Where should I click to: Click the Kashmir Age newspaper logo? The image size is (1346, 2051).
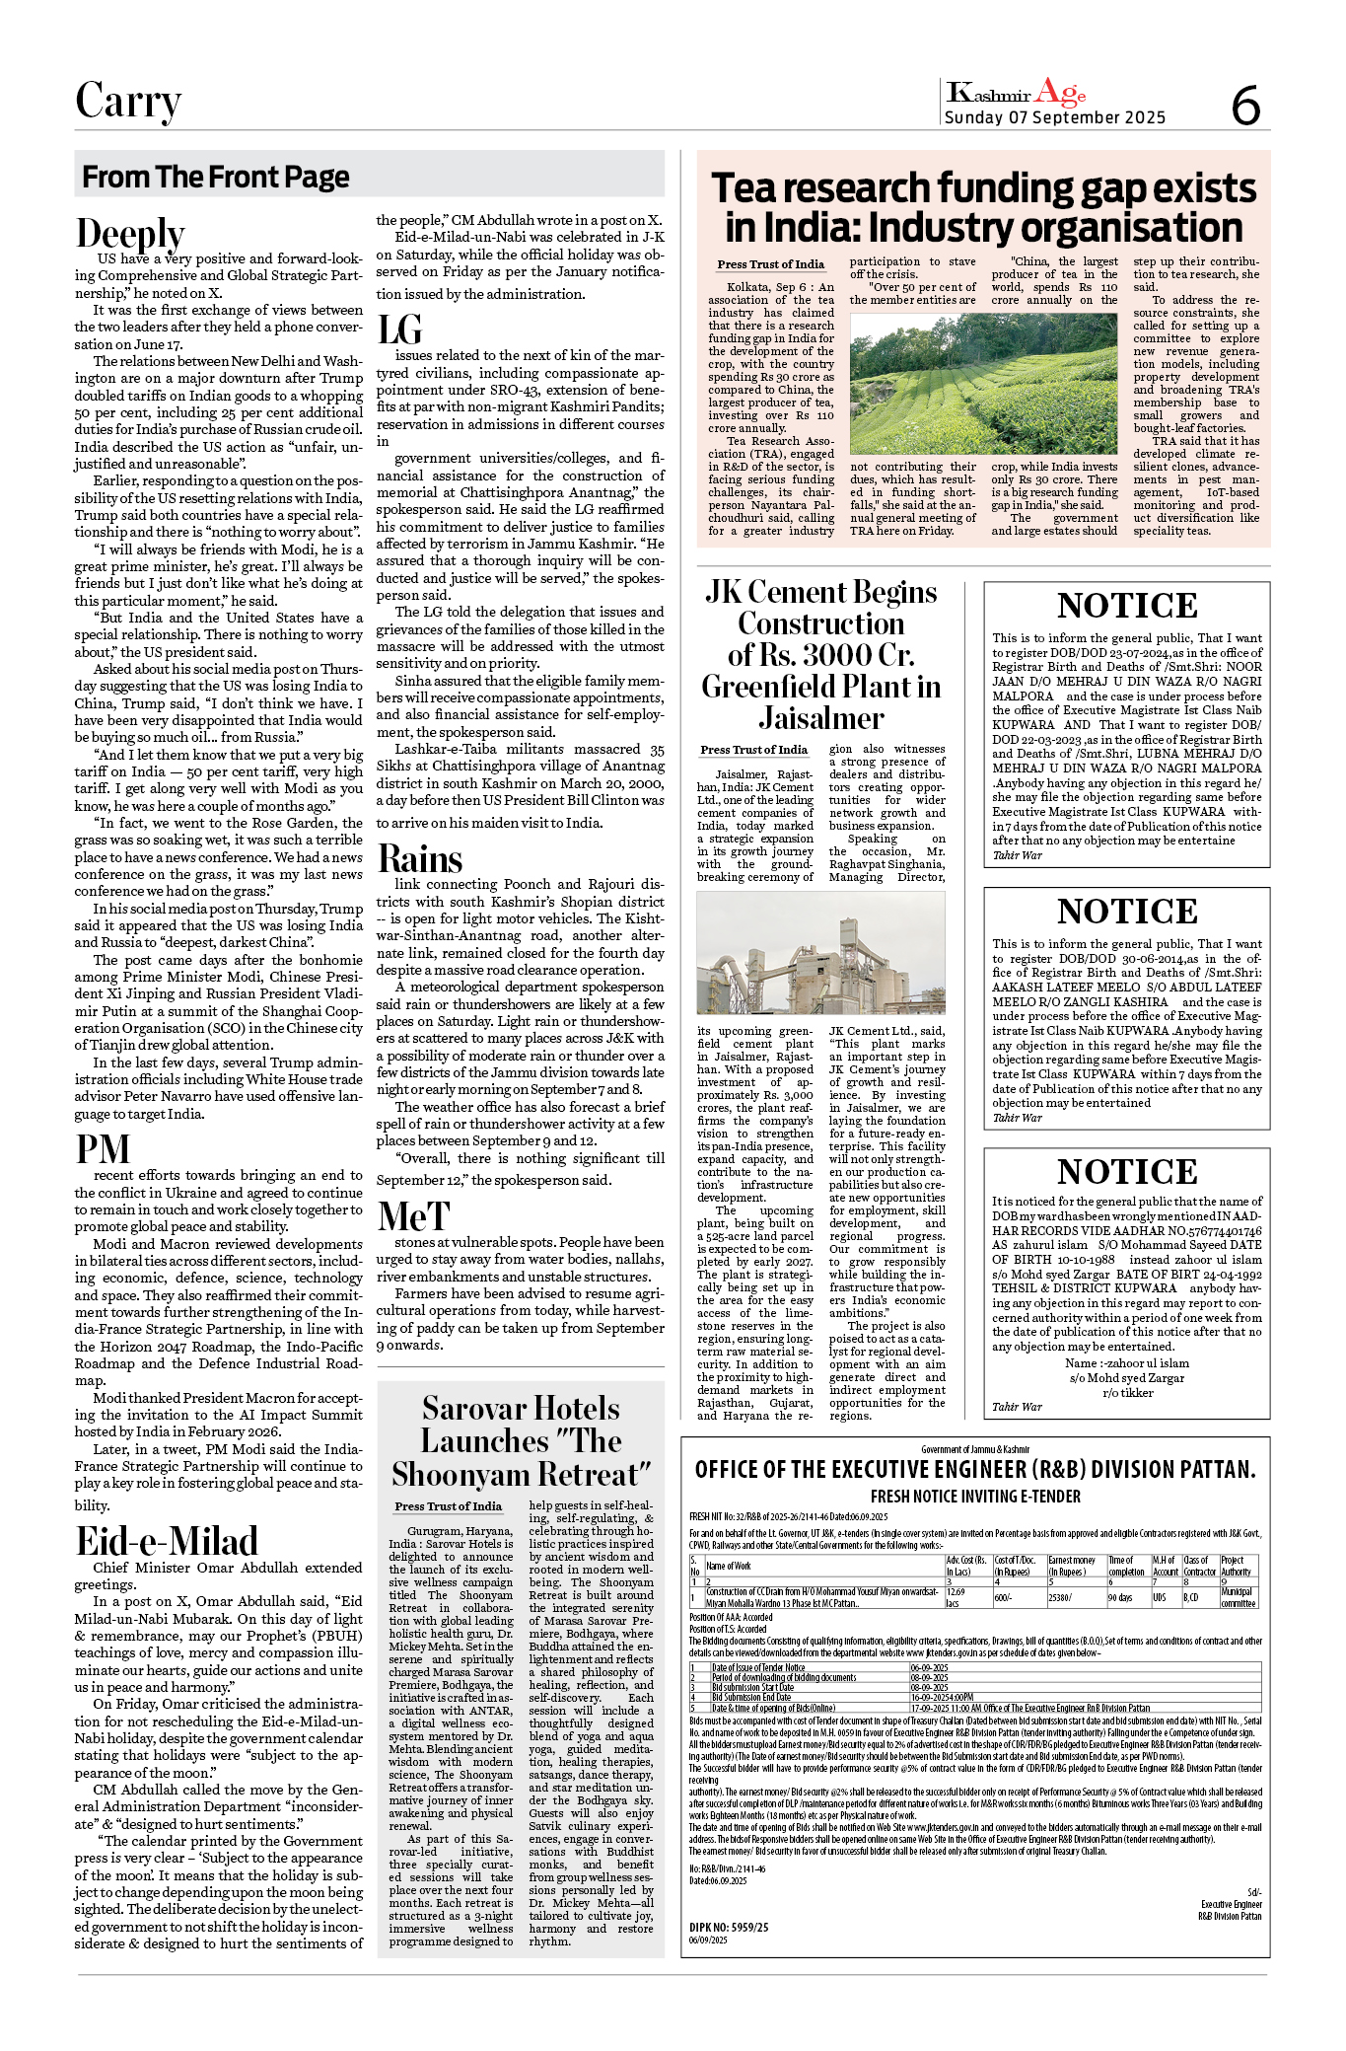(1016, 94)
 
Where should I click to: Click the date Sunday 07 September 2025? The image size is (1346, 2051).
(1054, 118)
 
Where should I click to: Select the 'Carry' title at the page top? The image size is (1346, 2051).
(128, 102)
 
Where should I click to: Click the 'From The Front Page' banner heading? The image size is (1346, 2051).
(215, 177)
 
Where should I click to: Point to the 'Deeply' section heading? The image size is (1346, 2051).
(130, 234)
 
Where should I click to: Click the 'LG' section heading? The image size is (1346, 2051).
(399, 330)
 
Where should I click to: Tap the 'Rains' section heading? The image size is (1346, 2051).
(420, 859)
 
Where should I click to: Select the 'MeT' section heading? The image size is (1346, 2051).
(413, 1217)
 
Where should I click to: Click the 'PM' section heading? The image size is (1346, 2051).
(103, 1150)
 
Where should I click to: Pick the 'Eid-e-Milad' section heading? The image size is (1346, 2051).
(167, 1541)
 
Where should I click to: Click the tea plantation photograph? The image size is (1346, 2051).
(983, 384)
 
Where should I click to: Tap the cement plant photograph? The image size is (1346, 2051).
(820, 953)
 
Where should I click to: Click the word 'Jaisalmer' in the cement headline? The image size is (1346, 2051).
(820, 718)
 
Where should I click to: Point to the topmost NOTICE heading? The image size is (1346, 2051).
(1126, 606)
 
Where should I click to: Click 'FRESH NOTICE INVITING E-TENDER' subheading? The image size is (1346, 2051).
(974, 1497)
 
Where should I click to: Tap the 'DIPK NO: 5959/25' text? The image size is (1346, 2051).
(729, 1927)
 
